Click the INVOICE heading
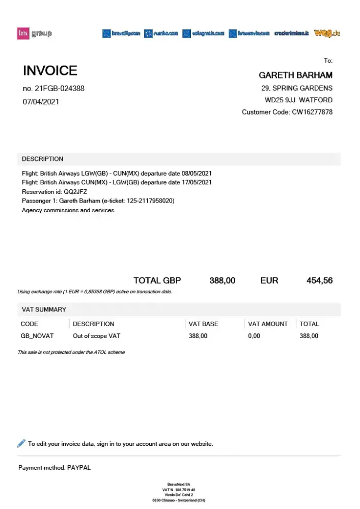point(50,71)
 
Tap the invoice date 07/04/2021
point(41,101)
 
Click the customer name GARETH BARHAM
point(295,75)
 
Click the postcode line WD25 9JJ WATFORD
point(298,100)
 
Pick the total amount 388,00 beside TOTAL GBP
point(223,280)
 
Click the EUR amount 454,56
point(319,280)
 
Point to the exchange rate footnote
point(95,292)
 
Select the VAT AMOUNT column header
point(267,324)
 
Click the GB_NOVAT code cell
point(37,336)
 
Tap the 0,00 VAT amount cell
point(254,336)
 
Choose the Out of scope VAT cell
point(96,336)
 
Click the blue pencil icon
point(21,443)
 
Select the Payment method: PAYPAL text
point(54,467)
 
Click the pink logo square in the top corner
point(23,34)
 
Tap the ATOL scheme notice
point(71,352)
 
